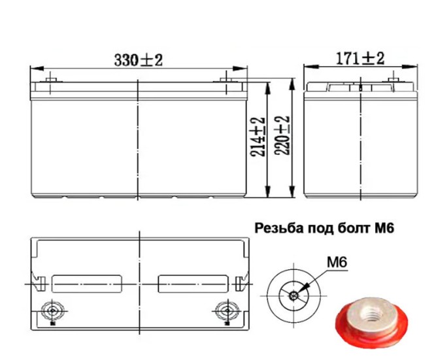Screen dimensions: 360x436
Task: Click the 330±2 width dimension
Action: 138,60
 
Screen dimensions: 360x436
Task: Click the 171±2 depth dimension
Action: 360,58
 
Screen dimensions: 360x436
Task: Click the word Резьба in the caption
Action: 275,229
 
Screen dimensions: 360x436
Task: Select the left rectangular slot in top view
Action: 88,284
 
